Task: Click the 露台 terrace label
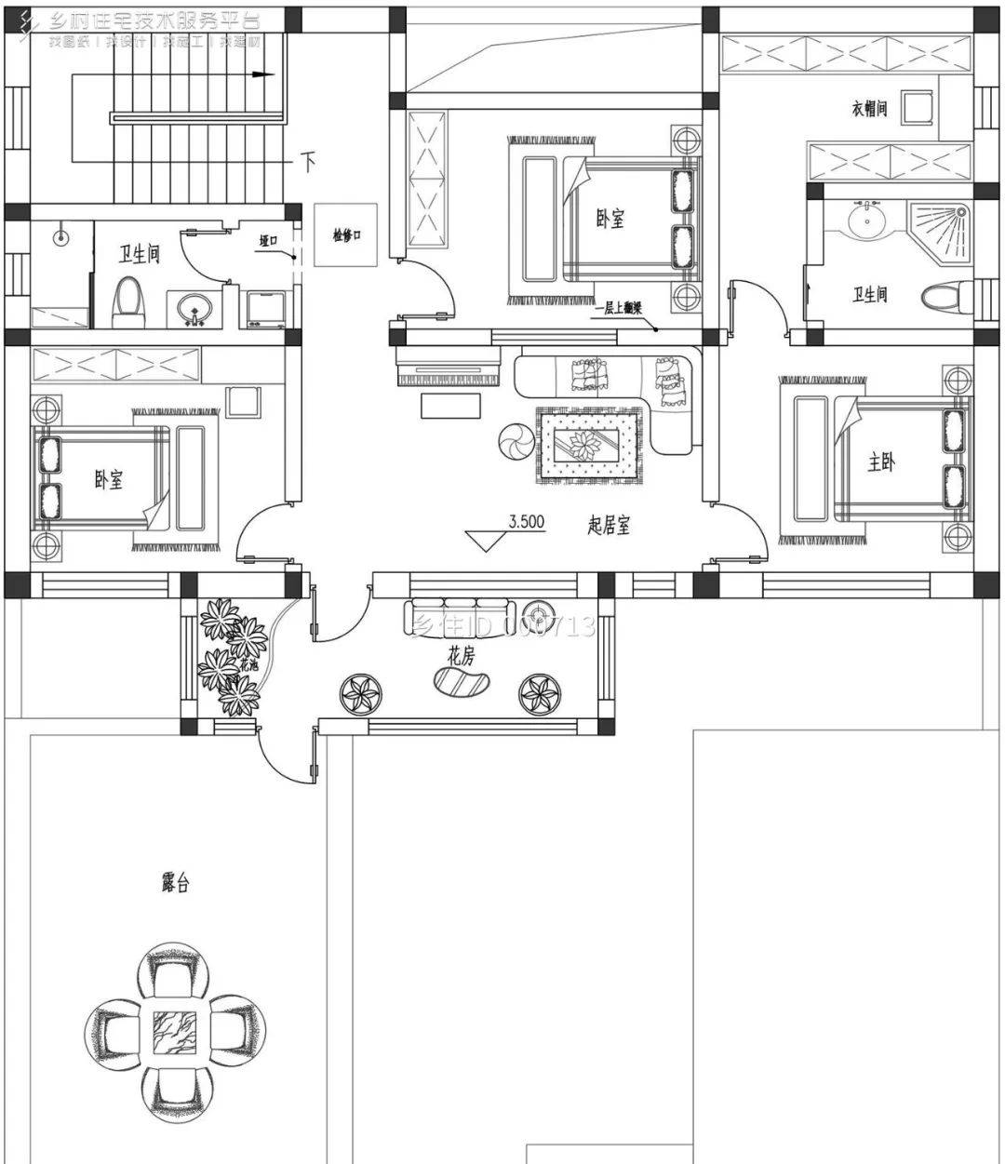(x=175, y=884)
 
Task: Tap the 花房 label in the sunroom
(x=461, y=656)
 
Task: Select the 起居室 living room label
(x=610, y=526)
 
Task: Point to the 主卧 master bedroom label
(x=880, y=462)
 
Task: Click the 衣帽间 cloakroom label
(x=869, y=109)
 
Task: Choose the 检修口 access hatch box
(x=346, y=235)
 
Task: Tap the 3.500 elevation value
(x=526, y=522)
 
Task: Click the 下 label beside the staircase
(x=308, y=163)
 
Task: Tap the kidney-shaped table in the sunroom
(x=462, y=684)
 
